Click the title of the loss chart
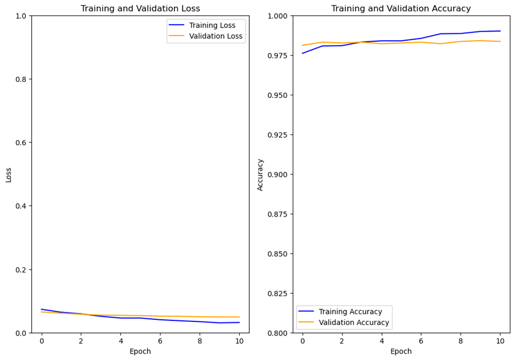[x=140, y=8]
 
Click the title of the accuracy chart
[x=401, y=8]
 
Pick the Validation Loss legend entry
[x=216, y=36]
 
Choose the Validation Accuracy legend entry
[x=354, y=322]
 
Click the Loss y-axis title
[x=8, y=174]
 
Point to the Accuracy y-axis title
[x=260, y=174]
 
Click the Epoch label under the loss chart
[x=140, y=352]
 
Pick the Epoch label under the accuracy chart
[x=401, y=352]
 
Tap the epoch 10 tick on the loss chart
[x=239, y=341]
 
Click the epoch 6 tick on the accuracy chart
[x=421, y=341]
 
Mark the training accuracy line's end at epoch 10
[x=500, y=31]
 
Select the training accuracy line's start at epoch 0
[x=302, y=53]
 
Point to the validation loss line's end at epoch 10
[x=239, y=317]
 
